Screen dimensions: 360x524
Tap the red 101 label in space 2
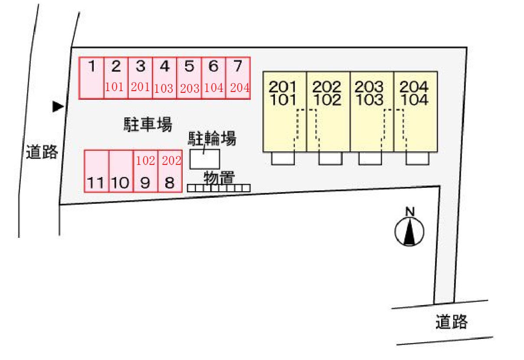(x=115, y=86)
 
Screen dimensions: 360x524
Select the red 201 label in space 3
(x=140, y=86)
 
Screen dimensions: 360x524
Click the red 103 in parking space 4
(x=164, y=88)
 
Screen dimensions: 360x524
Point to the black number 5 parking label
(x=189, y=67)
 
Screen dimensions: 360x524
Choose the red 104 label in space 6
(x=213, y=88)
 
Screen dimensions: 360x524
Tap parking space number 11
(x=95, y=183)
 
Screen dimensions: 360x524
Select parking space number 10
(x=120, y=183)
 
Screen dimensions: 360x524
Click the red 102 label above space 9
(x=145, y=161)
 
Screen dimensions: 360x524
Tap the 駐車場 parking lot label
(x=147, y=125)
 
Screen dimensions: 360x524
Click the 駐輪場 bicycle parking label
(x=212, y=139)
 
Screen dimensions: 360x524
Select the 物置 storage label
(x=219, y=178)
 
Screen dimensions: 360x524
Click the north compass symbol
(x=409, y=230)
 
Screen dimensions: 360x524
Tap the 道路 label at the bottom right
(x=452, y=322)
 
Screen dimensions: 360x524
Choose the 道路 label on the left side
(x=42, y=152)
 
